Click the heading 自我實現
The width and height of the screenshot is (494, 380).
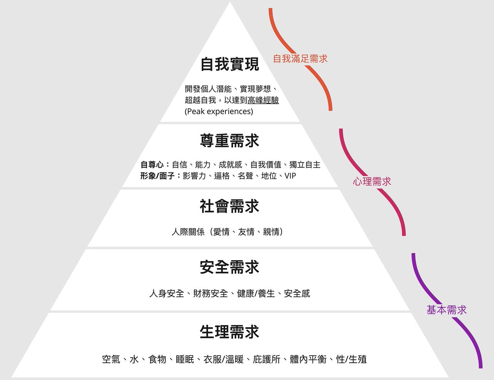pyautogui.click(x=229, y=65)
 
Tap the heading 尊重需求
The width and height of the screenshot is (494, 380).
pyautogui.click(x=229, y=141)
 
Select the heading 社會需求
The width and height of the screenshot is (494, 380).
pyautogui.click(x=229, y=206)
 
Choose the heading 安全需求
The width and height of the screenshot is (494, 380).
pyautogui.click(x=229, y=267)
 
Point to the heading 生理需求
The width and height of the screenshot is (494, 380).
pyautogui.click(x=229, y=331)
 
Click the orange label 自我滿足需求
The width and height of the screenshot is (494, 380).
pyautogui.click(x=301, y=59)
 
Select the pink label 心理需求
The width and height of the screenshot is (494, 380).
pyautogui.click(x=372, y=182)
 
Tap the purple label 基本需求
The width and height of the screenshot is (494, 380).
pyautogui.click(x=447, y=310)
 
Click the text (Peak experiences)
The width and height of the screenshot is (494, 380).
pyautogui.click(x=219, y=112)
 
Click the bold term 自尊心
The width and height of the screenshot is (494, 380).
pyautogui.click(x=152, y=165)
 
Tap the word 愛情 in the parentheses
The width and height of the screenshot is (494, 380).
pyautogui.click(x=219, y=232)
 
